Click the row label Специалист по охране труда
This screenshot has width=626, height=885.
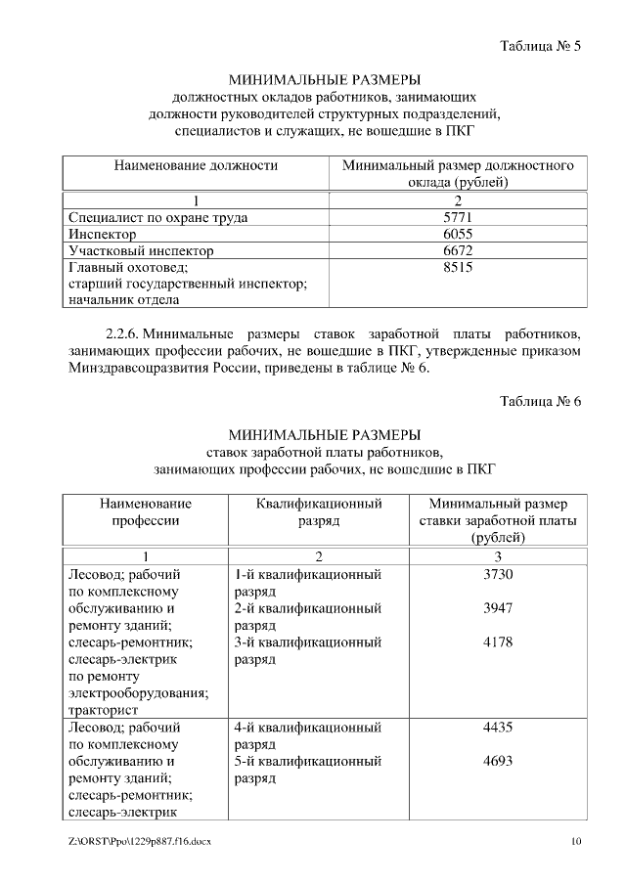pyautogui.click(x=157, y=217)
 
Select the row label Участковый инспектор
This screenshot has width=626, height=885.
pyautogui.click(x=141, y=250)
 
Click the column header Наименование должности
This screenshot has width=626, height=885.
pyautogui.click(x=196, y=166)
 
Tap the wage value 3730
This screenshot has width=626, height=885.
pyautogui.click(x=498, y=574)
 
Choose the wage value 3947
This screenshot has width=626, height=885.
pyautogui.click(x=498, y=608)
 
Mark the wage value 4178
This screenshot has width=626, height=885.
pyautogui.click(x=498, y=642)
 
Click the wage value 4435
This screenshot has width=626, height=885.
pyautogui.click(x=498, y=728)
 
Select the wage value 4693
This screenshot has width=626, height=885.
pyautogui.click(x=498, y=761)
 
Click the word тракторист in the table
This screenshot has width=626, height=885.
pyautogui.click(x=104, y=710)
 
